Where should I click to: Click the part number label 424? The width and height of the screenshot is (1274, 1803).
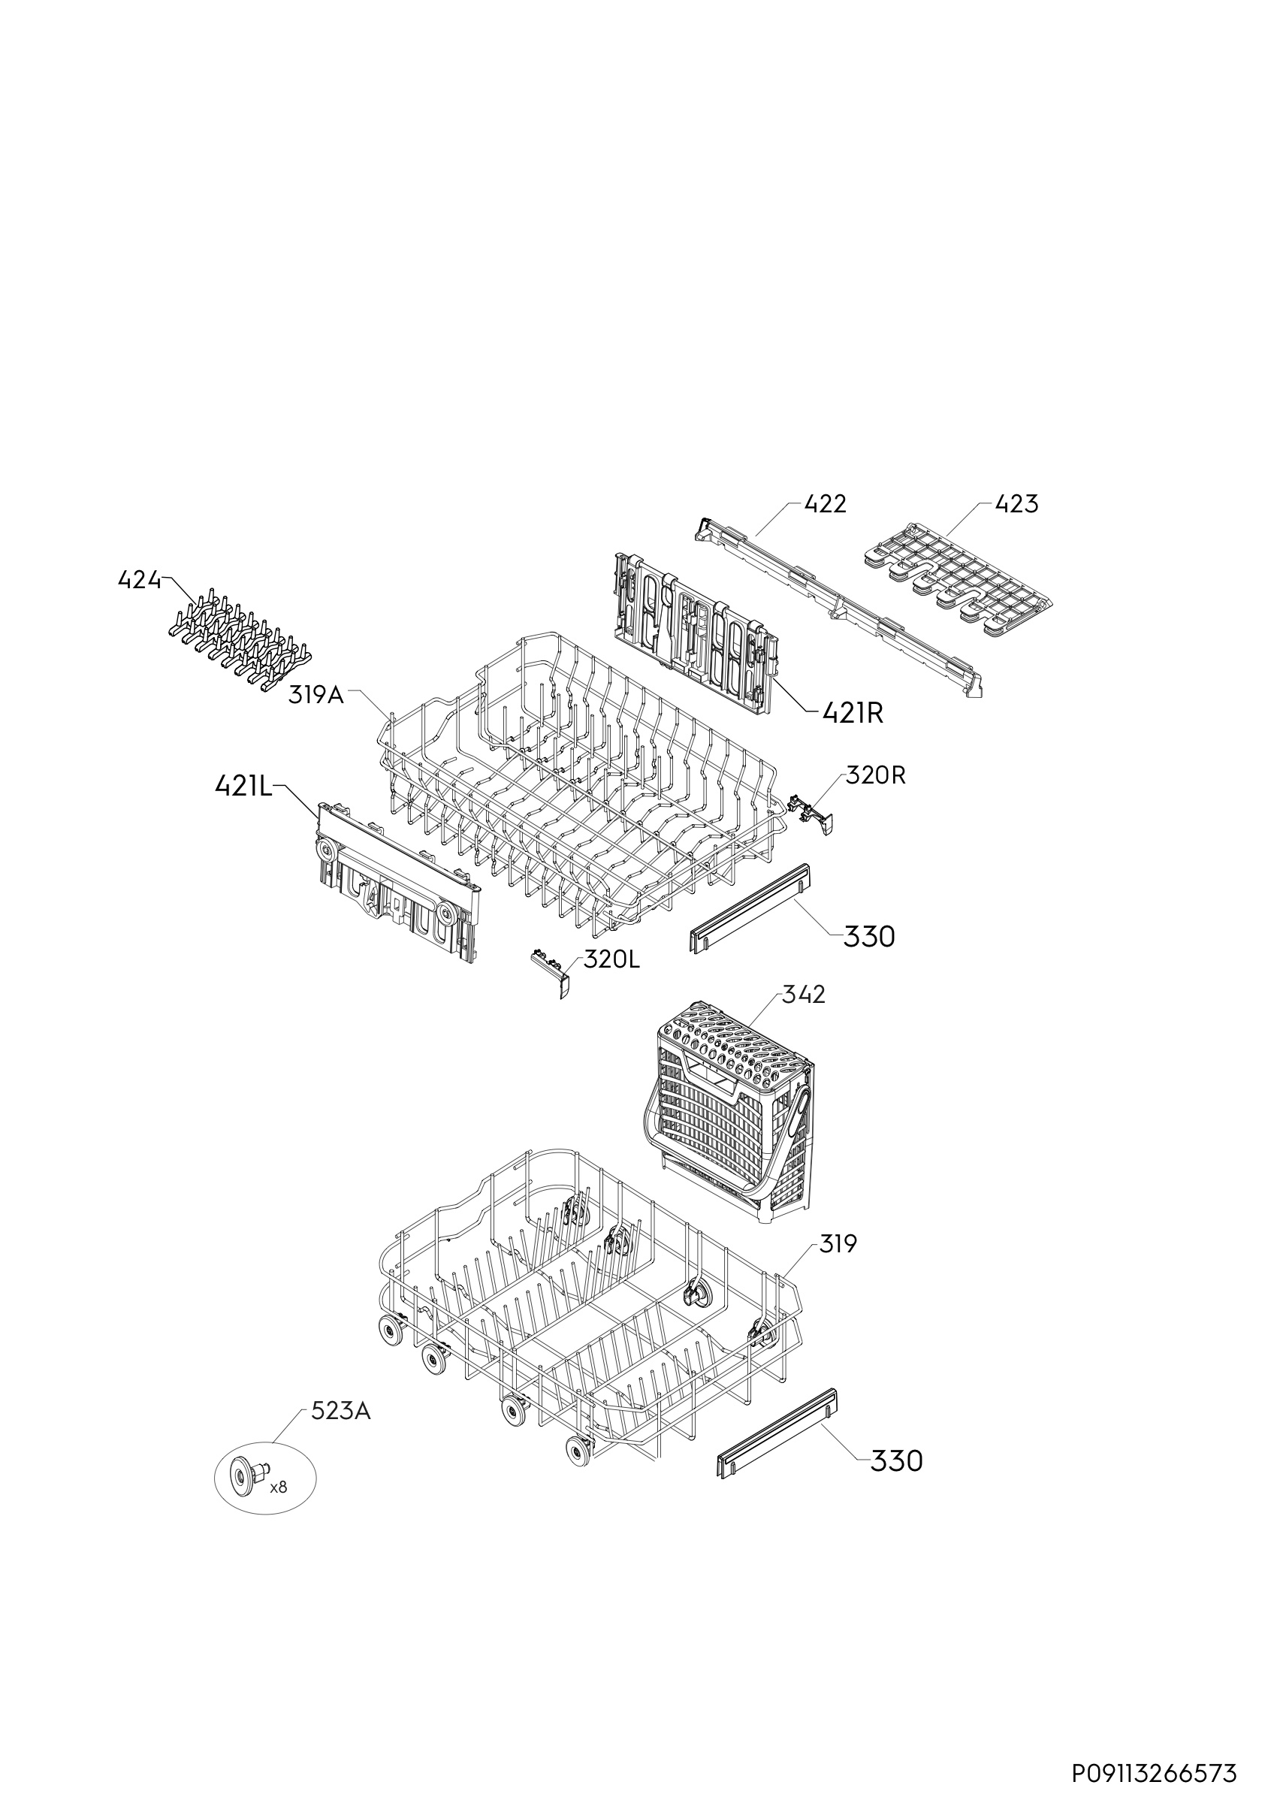(139, 581)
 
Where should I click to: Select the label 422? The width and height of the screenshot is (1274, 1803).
(826, 504)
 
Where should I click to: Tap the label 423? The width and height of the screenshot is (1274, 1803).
(1016, 504)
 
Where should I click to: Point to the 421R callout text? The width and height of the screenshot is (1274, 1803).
(853, 713)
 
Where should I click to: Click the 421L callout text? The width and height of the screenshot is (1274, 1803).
(243, 787)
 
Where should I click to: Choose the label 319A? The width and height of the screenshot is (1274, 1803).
(316, 695)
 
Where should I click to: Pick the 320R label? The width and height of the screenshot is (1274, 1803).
(875, 776)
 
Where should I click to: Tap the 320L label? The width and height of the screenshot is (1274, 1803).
(611, 960)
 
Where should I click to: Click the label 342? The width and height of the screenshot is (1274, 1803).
(804, 995)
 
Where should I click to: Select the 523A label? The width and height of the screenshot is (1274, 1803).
(341, 1411)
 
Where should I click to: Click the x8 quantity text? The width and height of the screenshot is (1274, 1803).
(278, 1487)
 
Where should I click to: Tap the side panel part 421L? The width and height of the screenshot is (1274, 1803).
(398, 883)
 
